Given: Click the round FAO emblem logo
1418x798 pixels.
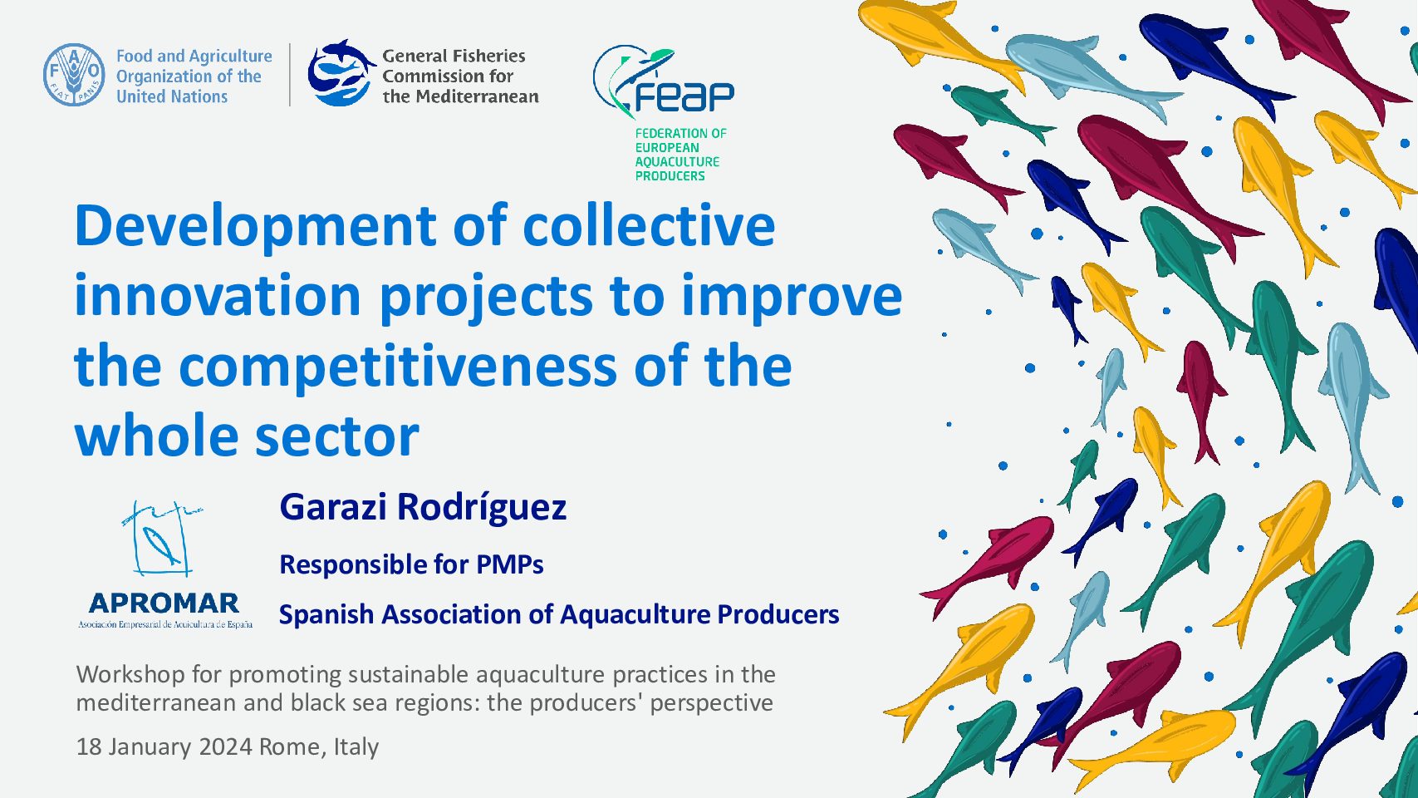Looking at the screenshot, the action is coord(74,75).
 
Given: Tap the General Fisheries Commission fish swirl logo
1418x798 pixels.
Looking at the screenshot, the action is coord(340,73).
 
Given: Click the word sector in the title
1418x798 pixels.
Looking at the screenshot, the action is coord(336,437).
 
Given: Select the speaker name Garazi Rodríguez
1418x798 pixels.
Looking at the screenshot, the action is coord(423,507).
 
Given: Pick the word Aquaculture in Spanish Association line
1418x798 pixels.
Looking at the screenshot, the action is coord(635,615).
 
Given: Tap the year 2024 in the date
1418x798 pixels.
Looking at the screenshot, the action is coord(226,747).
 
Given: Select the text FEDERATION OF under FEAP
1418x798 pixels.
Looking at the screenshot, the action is coord(680,134).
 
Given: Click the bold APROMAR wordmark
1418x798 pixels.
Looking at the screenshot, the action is coord(164,603).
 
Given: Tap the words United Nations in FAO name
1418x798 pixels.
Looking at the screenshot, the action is coord(172,97).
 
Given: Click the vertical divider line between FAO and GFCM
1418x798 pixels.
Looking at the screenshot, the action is coord(290,75).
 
